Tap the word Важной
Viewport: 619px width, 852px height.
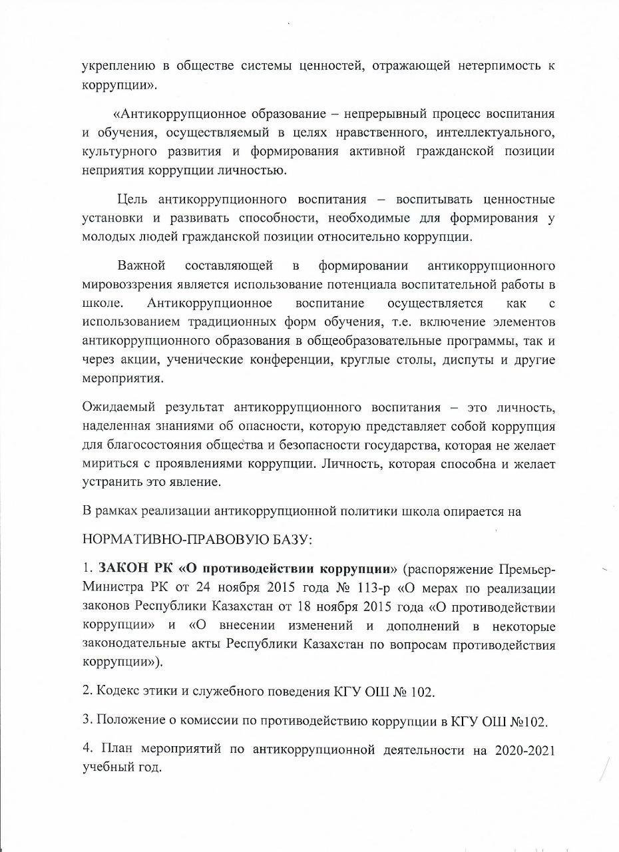coord(141,267)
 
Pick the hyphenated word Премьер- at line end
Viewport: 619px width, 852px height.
coord(522,570)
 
